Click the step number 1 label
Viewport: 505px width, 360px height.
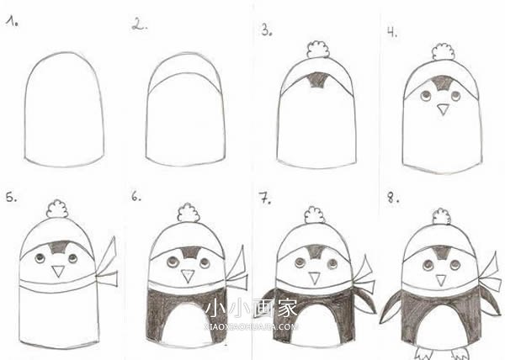pos(13,23)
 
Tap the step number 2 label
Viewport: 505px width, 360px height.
pos(139,24)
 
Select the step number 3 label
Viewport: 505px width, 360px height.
pos(266,30)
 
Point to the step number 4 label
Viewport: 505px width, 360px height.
pos(392,32)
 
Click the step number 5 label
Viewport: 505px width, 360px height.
pos(11,199)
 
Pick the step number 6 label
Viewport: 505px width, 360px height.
pos(136,199)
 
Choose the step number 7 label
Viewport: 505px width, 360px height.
pos(264,199)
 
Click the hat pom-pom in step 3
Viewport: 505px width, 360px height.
pos(318,50)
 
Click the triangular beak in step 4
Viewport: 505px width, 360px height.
pos(443,109)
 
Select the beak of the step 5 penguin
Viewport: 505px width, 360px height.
pos(58,271)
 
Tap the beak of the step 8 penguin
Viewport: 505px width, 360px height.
pos(439,277)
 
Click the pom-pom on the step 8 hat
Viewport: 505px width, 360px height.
pos(440,216)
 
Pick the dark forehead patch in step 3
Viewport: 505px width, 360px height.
pos(318,81)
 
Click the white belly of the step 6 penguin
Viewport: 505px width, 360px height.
pos(188,323)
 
